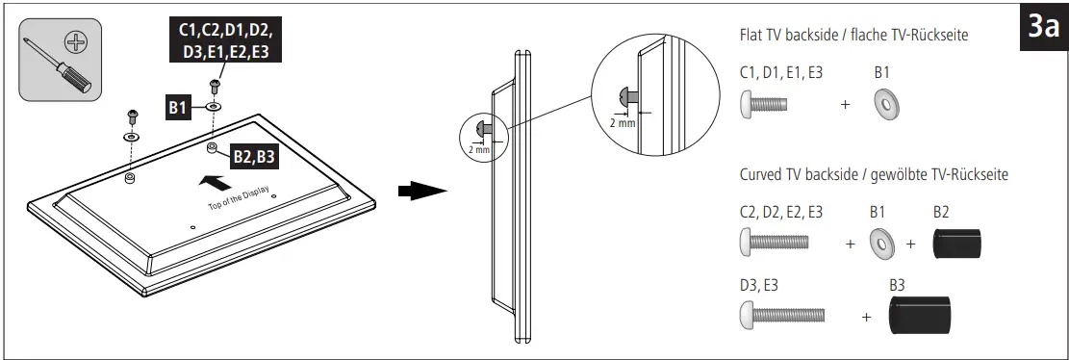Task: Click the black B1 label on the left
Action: click(177, 108)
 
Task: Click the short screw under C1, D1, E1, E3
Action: click(763, 104)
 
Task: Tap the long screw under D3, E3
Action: click(782, 314)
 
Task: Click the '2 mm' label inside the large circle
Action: click(623, 123)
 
